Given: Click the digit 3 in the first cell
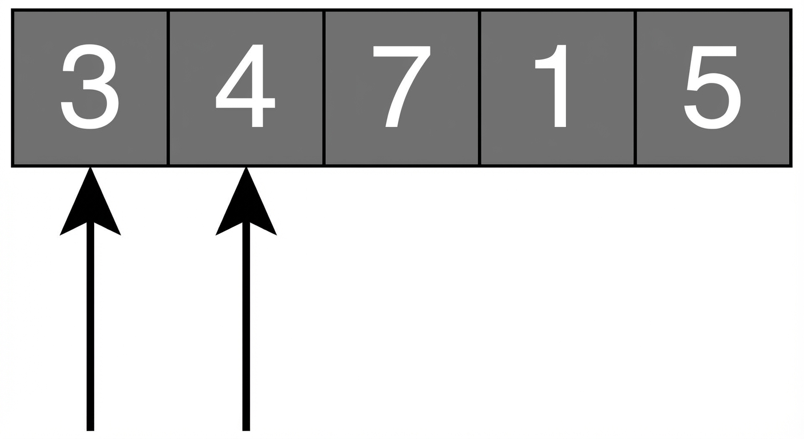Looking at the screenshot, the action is coord(90,86).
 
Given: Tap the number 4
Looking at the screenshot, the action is coord(246,86).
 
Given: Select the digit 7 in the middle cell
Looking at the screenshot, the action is coord(401,86).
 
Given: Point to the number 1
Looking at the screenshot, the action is coord(551,86).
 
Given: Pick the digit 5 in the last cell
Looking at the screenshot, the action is coord(712,87).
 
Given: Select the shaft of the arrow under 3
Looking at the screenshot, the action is coord(90,326).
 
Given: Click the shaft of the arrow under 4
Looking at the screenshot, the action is coord(246,326).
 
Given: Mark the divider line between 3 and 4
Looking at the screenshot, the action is coord(168,88).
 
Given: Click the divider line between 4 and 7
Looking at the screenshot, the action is coord(324,88).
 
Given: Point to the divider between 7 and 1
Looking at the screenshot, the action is coord(480,88).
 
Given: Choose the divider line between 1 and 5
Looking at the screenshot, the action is coord(636,88).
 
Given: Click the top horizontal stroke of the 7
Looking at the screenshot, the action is coord(401,51).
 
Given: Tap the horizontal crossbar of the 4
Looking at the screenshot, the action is coord(246,103).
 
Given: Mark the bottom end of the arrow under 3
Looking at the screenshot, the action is coord(90,430).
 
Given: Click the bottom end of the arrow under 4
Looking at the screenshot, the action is coord(246,430).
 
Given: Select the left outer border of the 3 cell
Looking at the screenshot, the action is coord(13,88).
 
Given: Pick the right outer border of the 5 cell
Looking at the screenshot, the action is coord(791,88).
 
